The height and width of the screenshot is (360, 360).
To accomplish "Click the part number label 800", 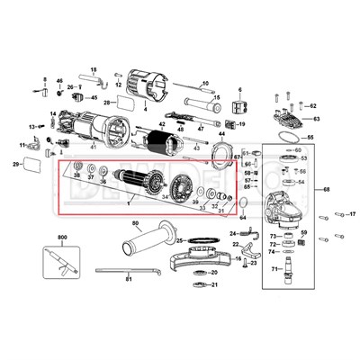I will pyautogui.click(x=62, y=237).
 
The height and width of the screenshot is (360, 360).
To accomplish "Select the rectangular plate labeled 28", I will pyautogui.click(x=126, y=103).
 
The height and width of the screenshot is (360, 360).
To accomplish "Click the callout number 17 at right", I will pyautogui.click(x=353, y=215).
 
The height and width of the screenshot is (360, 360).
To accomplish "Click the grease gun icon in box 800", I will pyautogui.click(x=63, y=261).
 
